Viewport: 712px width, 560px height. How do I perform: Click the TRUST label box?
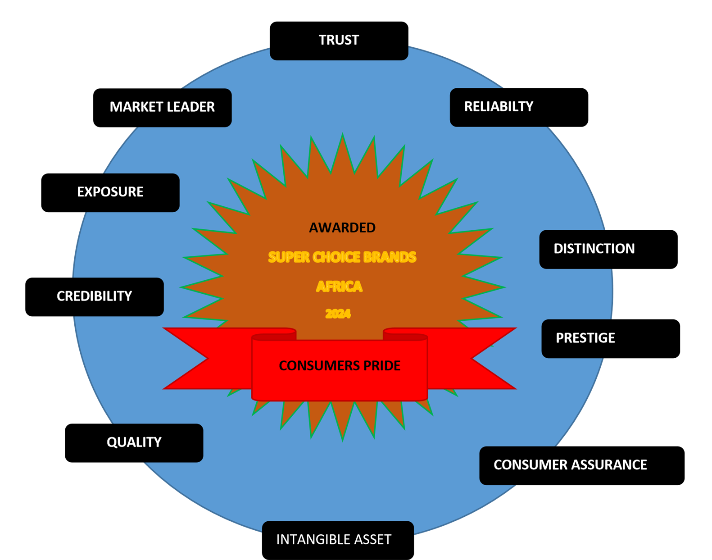[x=339, y=41]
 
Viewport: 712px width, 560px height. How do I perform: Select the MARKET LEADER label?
[x=162, y=107]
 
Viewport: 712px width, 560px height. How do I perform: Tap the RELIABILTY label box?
[x=499, y=107]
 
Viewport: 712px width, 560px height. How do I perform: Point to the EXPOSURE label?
[x=110, y=192]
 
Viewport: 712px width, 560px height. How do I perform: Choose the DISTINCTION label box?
[x=594, y=249]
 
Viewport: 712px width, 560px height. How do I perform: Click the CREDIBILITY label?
[x=94, y=296]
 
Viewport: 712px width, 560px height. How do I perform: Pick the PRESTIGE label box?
[x=585, y=338]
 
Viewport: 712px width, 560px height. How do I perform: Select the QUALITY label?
[x=134, y=442]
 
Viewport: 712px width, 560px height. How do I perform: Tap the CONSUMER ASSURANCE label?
[x=570, y=465]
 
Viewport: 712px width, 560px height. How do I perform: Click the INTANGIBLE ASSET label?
[x=334, y=539]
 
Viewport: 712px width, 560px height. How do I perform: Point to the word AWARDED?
[x=342, y=228]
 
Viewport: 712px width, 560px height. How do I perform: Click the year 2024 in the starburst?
[x=338, y=314]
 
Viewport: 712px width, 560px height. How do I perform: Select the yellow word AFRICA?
[x=339, y=287]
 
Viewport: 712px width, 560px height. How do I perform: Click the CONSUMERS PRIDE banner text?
[x=340, y=366]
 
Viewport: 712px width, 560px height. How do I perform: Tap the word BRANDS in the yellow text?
[x=390, y=257]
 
